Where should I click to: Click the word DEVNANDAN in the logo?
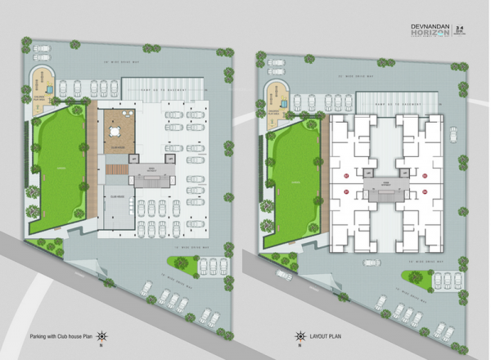tap(428, 26)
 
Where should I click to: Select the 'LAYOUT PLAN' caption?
tap(327, 336)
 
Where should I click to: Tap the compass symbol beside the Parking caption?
tap(101, 336)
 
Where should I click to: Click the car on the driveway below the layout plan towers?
tap(373, 263)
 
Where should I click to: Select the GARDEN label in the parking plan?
tap(59, 167)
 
